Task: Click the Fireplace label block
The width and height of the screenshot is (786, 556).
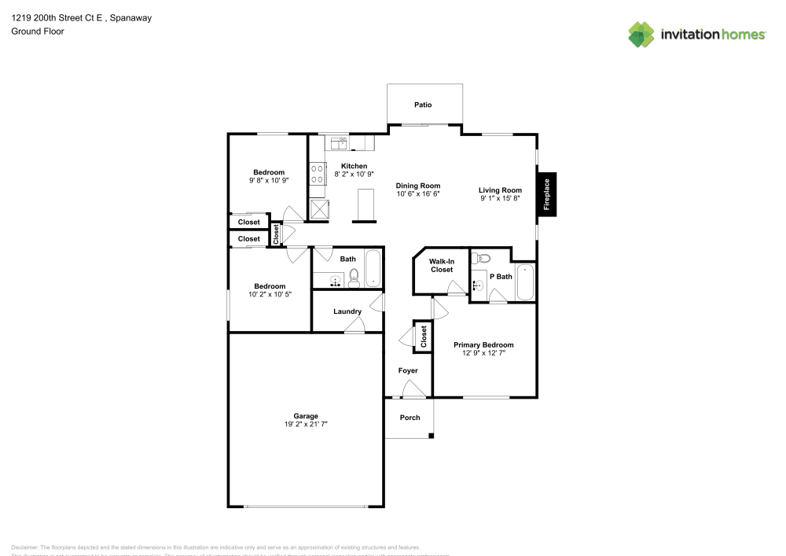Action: (x=547, y=193)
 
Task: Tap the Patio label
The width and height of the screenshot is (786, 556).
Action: (x=423, y=105)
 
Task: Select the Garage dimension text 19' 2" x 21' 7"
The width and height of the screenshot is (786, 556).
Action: (x=306, y=424)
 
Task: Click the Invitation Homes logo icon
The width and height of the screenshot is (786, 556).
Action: (x=641, y=34)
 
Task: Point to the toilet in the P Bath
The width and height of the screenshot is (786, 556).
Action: (x=483, y=258)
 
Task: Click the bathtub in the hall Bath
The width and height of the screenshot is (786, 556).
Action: (x=373, y=269)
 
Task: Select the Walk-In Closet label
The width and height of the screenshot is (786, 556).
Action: (x=441, y=265)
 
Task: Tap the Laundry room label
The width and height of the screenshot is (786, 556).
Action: (x=347, y=311)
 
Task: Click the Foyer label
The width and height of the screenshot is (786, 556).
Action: (x=407, y=370)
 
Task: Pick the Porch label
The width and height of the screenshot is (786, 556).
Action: (x=410, y=418)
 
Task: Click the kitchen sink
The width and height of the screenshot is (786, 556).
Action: (x=340, y=142)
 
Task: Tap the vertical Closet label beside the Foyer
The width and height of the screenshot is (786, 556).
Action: (x=424, y=337)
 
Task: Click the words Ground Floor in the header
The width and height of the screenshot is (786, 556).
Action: (x=38, y=31)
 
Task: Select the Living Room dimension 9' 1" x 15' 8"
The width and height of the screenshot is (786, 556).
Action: (x=501, y=198)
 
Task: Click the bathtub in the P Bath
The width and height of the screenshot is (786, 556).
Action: (x=524, y=282)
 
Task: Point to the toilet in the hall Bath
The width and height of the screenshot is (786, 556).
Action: (x=354, y=277)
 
